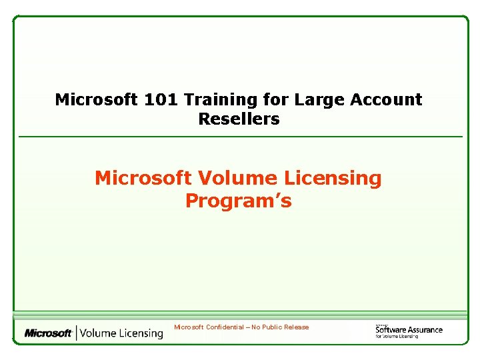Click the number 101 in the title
pyautogui.click(x=161, y=100)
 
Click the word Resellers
pyautogui.click(x=239, y=120)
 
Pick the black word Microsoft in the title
pyautogui.click(x=96, y=100)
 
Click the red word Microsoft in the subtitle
pyautogui.click(x=143, y=179)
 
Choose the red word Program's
pyautogui.click(x=239, y=201)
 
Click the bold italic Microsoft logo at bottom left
pyautogui.click(x=48, y=333)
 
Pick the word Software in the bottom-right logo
pyautogui.click(x=391, y=329)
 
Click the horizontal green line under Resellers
pyautogui.click(x=240, y=137)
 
